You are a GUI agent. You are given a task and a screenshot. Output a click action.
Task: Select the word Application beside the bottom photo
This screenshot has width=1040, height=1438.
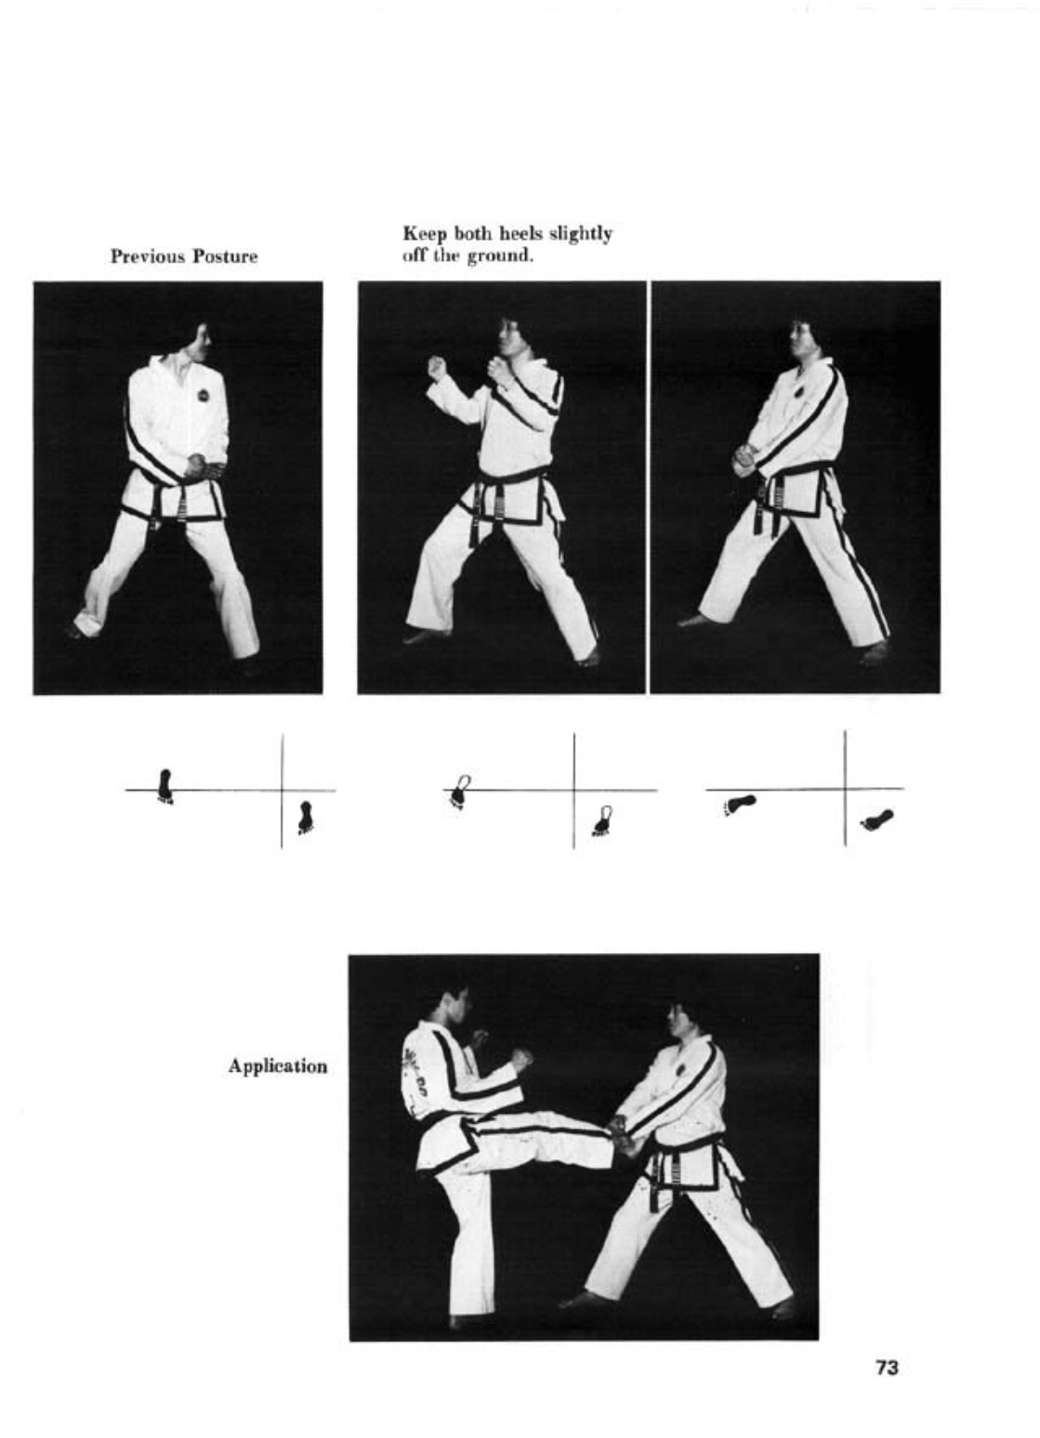(278, 1066)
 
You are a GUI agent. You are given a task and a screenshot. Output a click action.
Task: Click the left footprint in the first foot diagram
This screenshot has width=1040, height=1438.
(165, 786)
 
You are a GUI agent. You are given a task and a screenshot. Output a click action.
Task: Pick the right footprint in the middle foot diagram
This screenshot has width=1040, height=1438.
(603, 821)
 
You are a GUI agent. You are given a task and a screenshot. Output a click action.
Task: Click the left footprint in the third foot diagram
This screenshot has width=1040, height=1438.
(740, 804)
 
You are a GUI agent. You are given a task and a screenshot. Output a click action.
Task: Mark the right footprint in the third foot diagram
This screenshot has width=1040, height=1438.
(877, 818)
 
